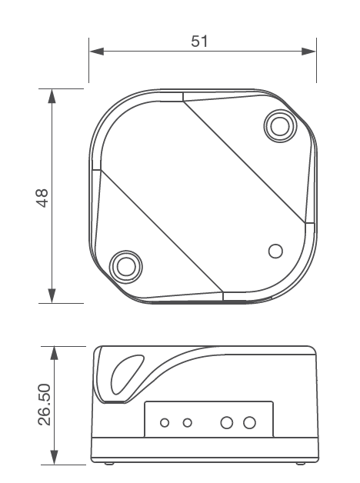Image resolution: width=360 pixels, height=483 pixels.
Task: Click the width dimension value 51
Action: coord(200,42)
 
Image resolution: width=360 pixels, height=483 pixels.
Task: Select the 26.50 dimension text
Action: coord(44,405)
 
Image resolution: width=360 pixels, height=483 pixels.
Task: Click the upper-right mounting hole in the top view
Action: coord(278,124)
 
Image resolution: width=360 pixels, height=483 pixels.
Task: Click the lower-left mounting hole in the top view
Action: coord(125,266)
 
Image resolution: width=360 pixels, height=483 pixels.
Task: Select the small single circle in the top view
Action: coord(275,251)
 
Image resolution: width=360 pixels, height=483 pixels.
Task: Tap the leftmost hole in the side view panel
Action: coord(165,422)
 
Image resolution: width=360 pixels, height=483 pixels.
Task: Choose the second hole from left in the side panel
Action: coord(187,422)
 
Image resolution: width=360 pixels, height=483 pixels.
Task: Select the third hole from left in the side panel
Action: coord(227,422)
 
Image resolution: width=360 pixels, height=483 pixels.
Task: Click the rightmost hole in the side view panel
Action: coord(248,422)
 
